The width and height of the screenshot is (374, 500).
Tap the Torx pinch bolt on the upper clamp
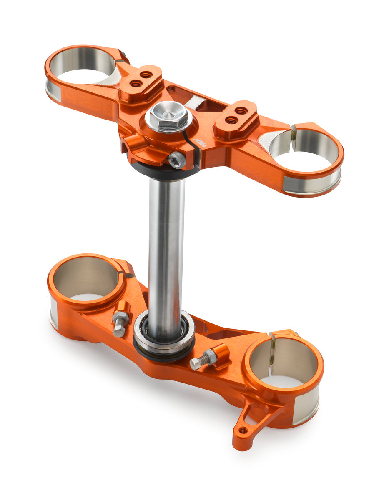tap(177, 160)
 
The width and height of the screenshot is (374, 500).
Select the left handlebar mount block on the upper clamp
tap(141, 82)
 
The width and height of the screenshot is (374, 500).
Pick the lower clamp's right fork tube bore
tap(284, 358)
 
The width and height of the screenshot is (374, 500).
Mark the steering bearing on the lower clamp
tap(164, 332)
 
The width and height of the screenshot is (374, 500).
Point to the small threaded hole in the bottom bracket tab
tap(243, 430)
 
